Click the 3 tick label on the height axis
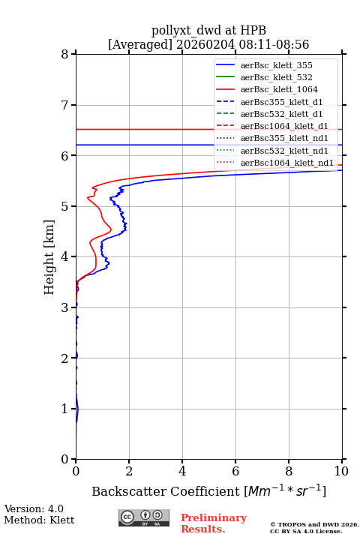(65, 307)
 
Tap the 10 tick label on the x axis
(341, 471)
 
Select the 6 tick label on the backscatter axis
(235, 471)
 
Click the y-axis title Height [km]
(49, 257)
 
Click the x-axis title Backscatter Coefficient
(166, 491)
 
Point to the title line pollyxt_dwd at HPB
(208, 30)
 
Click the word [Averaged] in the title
(140, 45)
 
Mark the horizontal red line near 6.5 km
(208, 130)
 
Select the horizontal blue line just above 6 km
(208, 145)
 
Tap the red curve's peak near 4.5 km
(111, 229)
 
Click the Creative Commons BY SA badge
(144, 518)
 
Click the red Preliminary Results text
(214, 523)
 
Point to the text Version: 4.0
(34, 509)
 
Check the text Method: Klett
(39, 520)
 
